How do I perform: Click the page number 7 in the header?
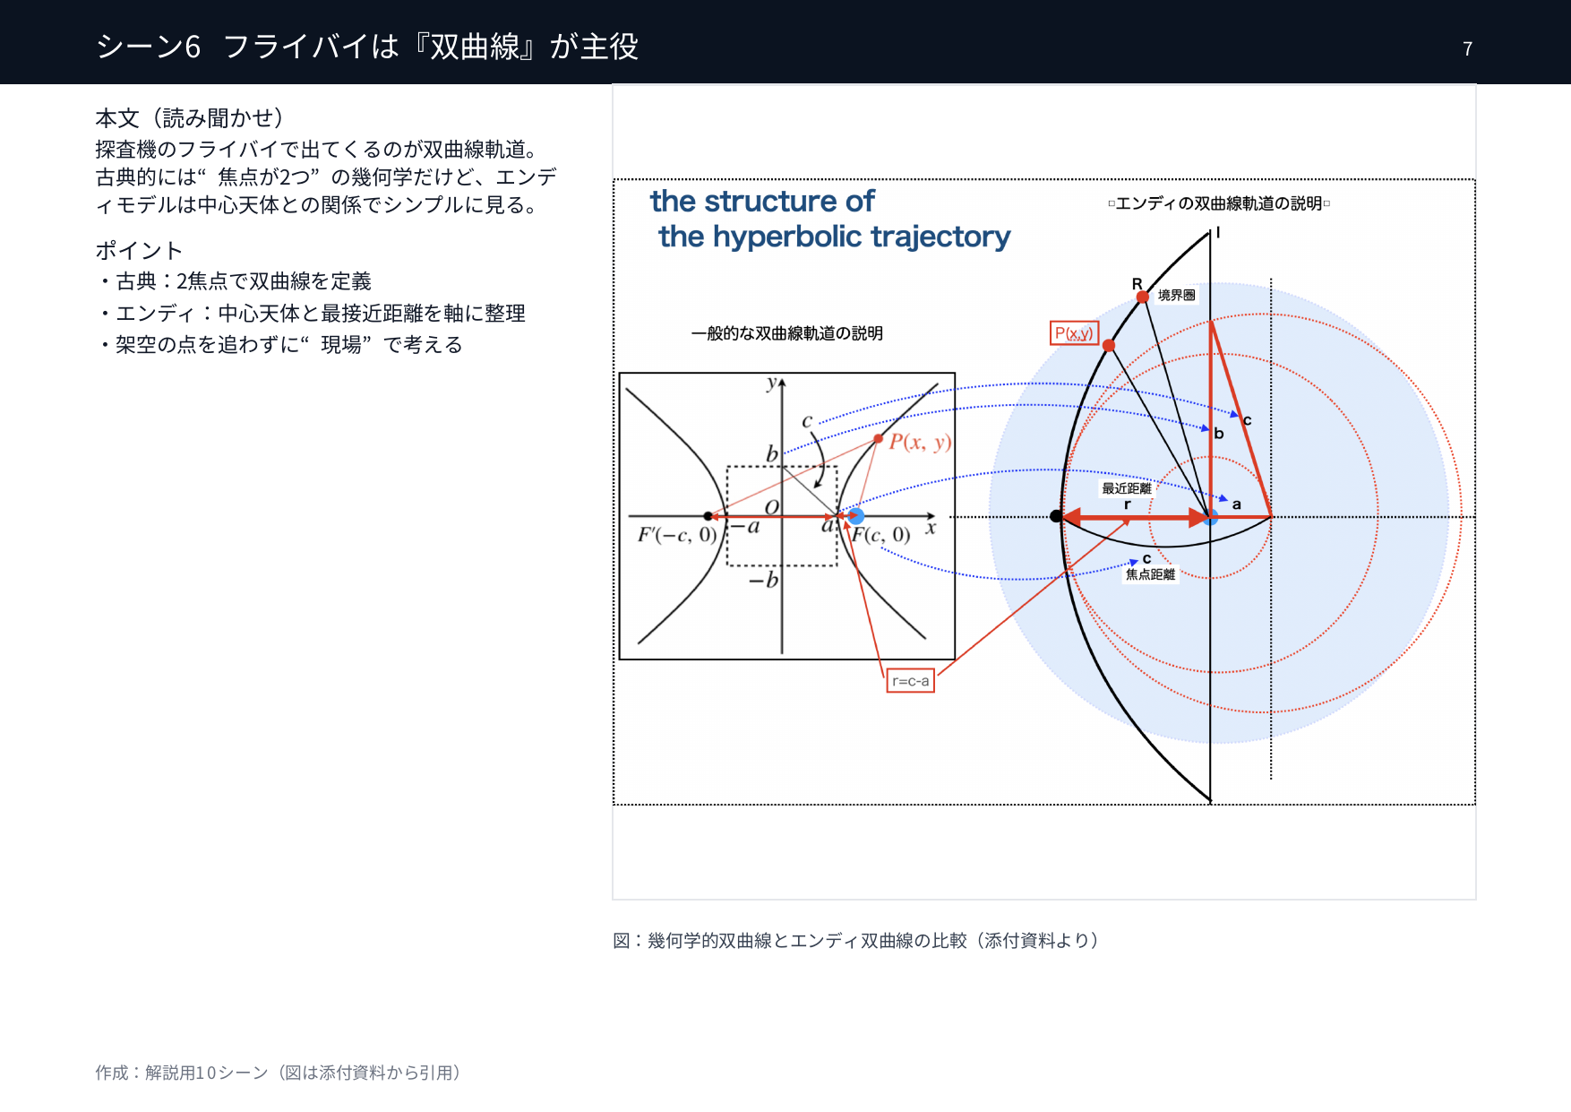(x=1467, y=48)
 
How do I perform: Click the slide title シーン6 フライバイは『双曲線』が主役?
(x=367, y=47)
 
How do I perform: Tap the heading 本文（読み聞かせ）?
(x=190, y=117)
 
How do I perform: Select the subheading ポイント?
(x=139, y=250)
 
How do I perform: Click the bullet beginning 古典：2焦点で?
(x=234, y=281)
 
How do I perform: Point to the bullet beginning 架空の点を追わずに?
(x=279, y=345)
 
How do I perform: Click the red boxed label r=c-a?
(x=910, y=681)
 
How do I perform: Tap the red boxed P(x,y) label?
(x=1074, y=333)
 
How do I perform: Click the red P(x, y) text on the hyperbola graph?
(x=920, y=442)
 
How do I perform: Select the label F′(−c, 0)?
(x=677, y=535)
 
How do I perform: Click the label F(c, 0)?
(x=880, y=536)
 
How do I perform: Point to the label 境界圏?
(x=1176, y=295)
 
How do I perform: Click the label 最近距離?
(x=1127, y=488)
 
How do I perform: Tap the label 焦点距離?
(x=1150, y=574)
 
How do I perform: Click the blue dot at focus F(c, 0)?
(x=856, y=516)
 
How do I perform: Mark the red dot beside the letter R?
(x=1143, y=297)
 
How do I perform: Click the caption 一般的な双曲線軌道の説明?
(x=787, y=333)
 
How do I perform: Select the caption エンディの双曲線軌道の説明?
(x=1219, y=203)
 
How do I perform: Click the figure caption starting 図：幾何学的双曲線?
(x=855, y=940)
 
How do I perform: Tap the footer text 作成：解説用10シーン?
(x=278, y=1073)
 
